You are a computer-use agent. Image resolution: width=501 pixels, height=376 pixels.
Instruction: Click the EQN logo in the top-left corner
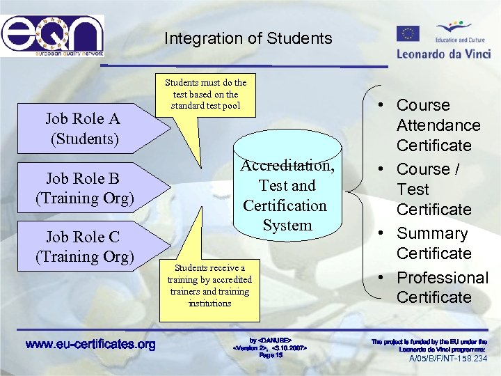[52, 36]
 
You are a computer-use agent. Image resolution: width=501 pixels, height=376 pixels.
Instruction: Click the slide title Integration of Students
[248, 38]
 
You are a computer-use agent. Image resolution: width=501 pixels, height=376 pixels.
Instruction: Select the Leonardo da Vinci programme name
[443, 53]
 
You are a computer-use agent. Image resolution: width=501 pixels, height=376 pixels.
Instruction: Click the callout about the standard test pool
[205, 94]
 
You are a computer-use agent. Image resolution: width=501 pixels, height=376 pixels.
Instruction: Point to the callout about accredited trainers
[209, 285]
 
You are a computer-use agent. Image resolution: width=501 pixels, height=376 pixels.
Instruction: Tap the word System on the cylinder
[287, 225]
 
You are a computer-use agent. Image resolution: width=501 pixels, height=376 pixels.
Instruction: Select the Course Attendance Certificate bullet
[438, 125]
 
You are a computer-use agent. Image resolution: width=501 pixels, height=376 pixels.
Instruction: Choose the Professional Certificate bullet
[441, 287]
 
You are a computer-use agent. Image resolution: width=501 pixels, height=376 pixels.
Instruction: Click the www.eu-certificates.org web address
[90, 344]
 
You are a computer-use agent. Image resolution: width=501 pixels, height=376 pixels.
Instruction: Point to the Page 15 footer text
[271, 355]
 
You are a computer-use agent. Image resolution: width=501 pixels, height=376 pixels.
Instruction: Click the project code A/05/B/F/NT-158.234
[448, 359]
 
